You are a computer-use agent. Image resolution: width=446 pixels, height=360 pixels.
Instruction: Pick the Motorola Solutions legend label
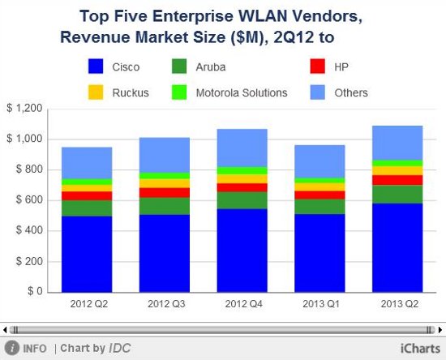click(242, 92)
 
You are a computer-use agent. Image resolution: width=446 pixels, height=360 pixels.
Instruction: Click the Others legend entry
click(351, 92)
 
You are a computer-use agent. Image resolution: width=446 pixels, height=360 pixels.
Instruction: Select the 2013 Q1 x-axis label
click(320, 303)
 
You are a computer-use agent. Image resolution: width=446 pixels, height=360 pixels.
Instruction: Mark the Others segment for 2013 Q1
click(320, 161)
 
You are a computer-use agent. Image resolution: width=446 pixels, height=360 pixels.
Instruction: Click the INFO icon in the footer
click(11, 349)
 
